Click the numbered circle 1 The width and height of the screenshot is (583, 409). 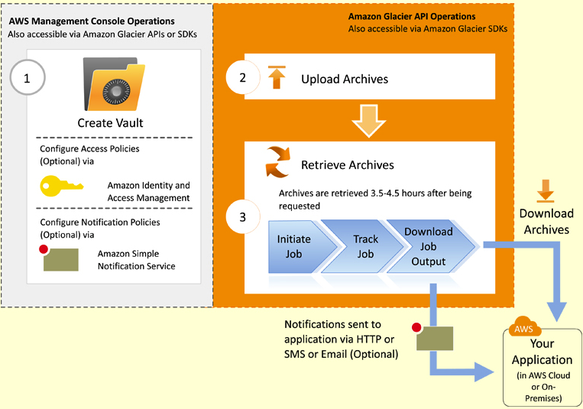pos(28,78)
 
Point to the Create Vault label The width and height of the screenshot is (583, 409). pos(110,122)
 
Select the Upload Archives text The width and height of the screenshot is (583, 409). pos(344,79)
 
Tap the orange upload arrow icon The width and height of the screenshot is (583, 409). pos(276,77)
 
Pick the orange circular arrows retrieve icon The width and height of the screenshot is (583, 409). pos(276,162)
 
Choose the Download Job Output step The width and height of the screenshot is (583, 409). pos(428,245)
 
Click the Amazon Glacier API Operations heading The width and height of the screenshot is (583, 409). pos(411,16)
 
